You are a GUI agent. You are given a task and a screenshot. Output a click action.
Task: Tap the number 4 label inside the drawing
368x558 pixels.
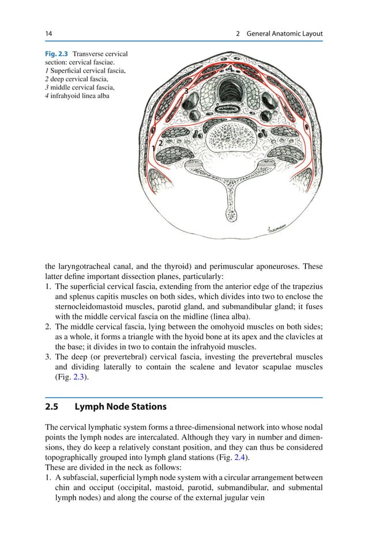pyautogui.click(x=230, y=69)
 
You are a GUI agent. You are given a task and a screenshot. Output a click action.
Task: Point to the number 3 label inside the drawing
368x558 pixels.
pyautogui.click(x=186, y=91)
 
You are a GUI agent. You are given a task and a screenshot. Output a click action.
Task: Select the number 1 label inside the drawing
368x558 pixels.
pyautogui.click(x=153, y=149)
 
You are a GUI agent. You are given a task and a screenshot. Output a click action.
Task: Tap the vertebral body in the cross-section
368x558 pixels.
pyautogui.click(x=229, y=140)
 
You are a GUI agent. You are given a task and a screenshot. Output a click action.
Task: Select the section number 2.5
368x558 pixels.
pyautogui.click(x=52, y=407)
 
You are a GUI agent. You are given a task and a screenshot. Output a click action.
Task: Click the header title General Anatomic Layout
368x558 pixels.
pyautogui.click(x=284, y=34)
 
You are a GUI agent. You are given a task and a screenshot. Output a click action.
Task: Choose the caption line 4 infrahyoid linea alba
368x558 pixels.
pyautogui.click(x=77, y=95)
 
